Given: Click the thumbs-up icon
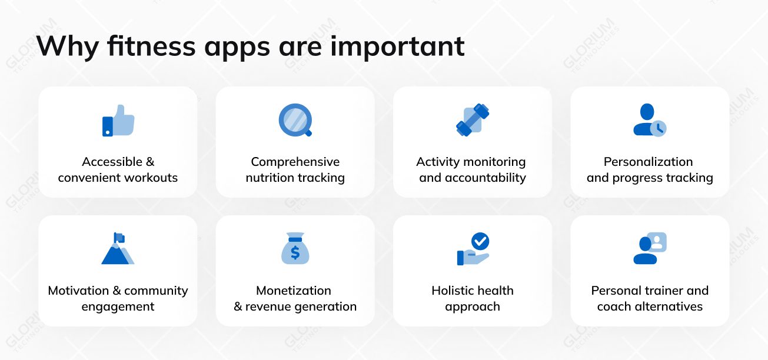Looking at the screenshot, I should point(118,121).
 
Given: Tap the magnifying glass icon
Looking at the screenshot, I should point(295,120).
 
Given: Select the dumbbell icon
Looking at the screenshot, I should point(473,120).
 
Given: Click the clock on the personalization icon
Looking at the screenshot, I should point(659,128).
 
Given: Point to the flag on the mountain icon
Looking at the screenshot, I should point(119,238).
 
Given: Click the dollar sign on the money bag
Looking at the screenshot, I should point(295,252).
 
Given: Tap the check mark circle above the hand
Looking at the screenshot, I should point(480,241).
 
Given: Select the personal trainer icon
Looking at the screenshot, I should point(650,248).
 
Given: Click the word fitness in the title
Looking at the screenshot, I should point(150,46).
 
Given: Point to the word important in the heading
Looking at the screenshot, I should point(397,46).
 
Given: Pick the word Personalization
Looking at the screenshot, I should point(648,162).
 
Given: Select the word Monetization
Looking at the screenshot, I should point(293,291).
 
